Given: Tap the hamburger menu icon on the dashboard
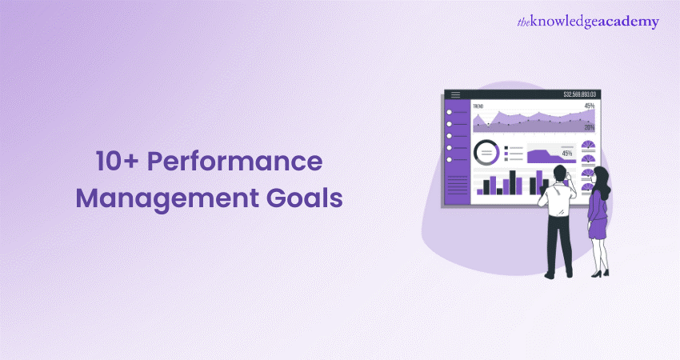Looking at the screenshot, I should tap(456, 95).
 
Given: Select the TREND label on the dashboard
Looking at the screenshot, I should tap(478, 106).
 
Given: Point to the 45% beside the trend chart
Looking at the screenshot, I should tap(589, 106).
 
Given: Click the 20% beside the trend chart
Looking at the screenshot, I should tap(589, 127).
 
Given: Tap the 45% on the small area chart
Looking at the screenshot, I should tap(567, 153).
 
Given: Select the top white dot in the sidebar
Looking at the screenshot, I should tap(450, 112).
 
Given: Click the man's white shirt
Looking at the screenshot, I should tap(554, 199).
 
